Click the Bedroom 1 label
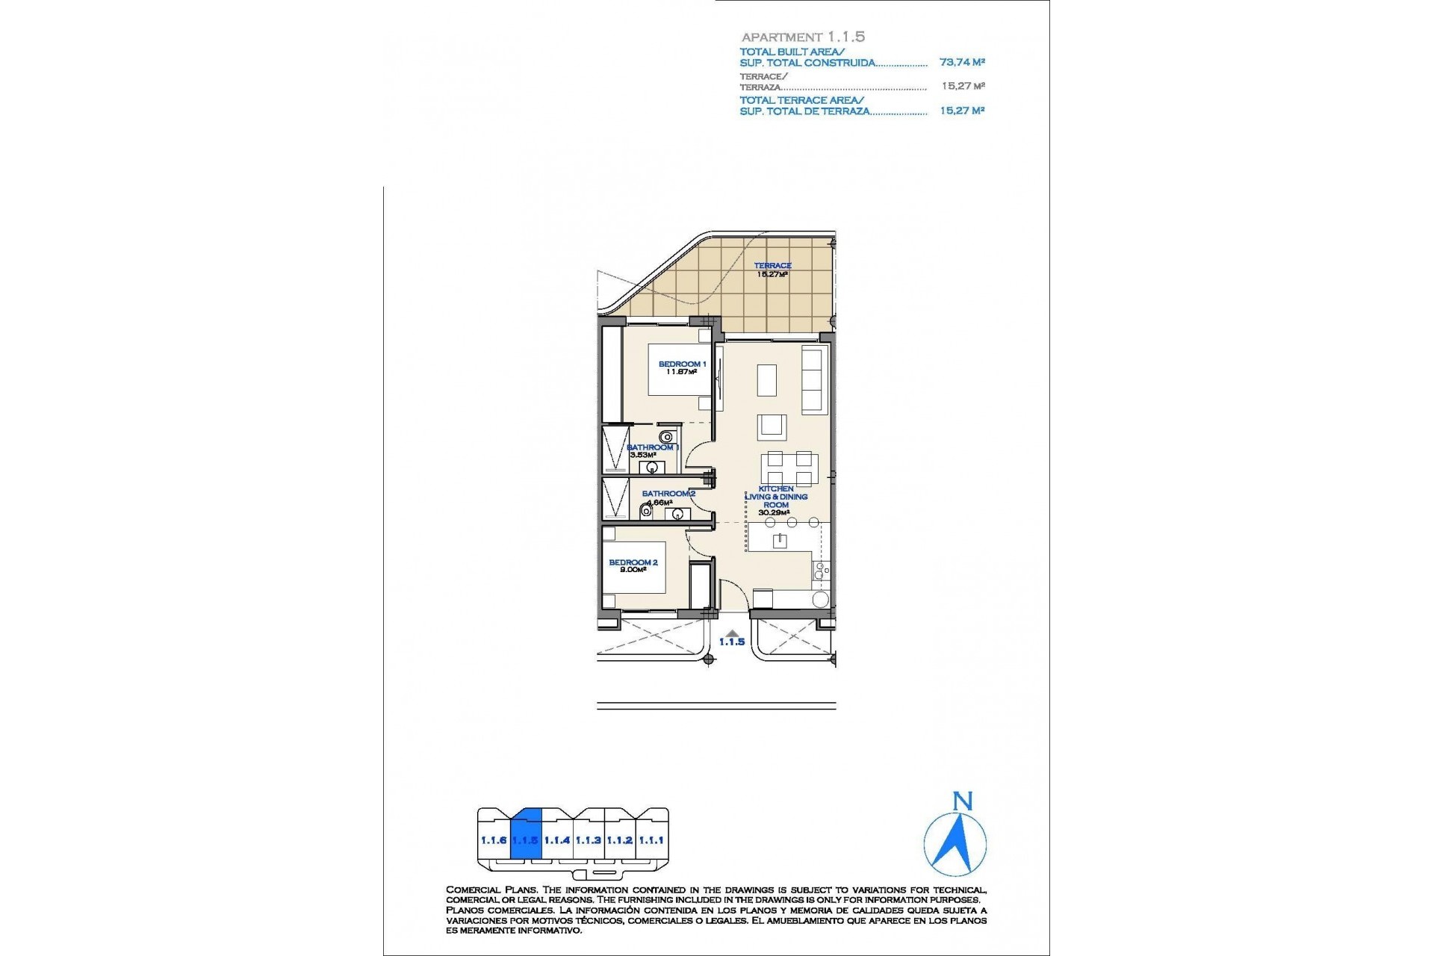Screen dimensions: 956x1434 [x=682, y=364]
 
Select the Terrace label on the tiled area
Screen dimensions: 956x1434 [x=772, y=265]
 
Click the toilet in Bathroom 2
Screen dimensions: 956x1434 [x=645, y=512]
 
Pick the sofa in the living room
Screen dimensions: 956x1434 [x=813, y=379]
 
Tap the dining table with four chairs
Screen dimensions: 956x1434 [x=789, y=469]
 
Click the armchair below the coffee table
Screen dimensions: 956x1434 [x=772, y=427]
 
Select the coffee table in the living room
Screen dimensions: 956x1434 [x=767, y=380]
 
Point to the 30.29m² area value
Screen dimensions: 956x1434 [x=774, y=513]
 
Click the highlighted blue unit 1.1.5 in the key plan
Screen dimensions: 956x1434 [x=525, y=840]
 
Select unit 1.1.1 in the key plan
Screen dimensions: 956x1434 [x=651, y=840]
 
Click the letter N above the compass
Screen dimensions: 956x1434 [x=963, y=802]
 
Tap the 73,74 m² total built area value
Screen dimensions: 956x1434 [x=962, y=63]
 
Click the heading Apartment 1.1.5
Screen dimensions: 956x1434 [x=803, y=37]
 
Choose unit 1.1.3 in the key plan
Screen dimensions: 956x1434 [x=588, y=840]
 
